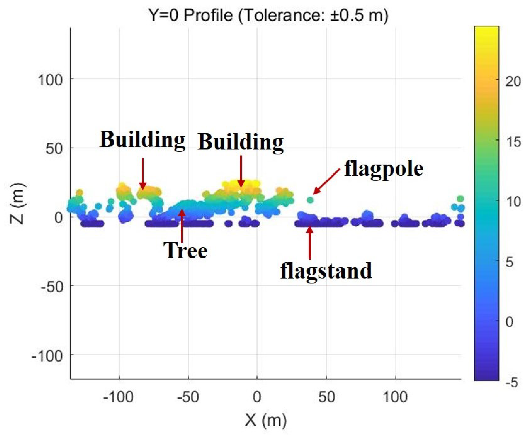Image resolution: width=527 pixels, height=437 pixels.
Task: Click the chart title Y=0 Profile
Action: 268,15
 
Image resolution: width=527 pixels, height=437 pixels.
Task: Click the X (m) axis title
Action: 265,420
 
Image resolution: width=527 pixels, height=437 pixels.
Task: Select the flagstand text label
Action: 326,271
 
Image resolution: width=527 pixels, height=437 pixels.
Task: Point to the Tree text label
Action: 186,251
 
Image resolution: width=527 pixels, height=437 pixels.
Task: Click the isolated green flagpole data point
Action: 310,200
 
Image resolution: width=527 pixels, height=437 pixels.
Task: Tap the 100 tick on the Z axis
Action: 50,81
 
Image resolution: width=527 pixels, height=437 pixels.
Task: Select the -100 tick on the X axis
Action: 118,397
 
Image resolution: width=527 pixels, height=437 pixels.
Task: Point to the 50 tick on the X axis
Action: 326,397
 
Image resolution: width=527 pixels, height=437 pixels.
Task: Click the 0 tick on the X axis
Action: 257,397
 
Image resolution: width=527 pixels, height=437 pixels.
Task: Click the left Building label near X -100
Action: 142,140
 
